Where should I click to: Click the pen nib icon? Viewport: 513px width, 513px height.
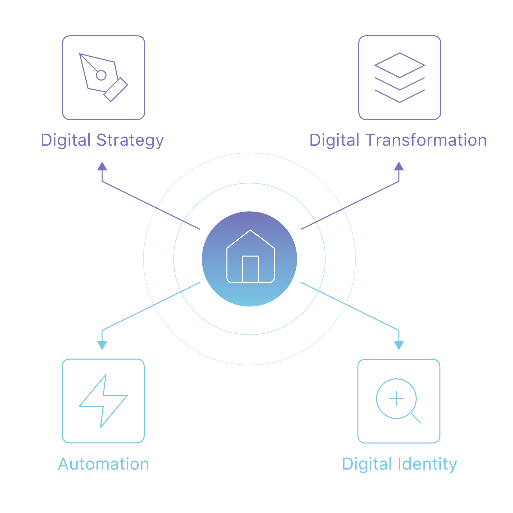coord(103,78)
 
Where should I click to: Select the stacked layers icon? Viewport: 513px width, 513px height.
coord(399,78)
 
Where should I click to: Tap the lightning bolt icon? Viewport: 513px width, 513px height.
coord(103,401)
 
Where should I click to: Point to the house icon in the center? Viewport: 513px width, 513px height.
coord(250,256)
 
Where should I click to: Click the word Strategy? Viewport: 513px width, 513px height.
coord(130,141)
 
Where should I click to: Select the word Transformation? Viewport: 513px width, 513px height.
coord(426,140)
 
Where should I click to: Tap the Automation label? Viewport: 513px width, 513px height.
coord(103,464)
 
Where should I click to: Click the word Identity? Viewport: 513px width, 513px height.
coord(427,465)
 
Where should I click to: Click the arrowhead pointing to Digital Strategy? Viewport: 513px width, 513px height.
coord(102,166)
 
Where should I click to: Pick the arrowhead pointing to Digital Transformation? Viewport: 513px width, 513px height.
coord(399,166)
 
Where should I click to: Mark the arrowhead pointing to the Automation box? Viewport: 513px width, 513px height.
coord(102,346)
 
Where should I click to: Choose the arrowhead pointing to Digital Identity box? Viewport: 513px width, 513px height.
coord(399,346)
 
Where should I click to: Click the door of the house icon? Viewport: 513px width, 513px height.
coord(250,269)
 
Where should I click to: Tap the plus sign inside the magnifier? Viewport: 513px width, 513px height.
coord(396,399)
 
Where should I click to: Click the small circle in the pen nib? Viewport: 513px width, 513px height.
coord(101,75)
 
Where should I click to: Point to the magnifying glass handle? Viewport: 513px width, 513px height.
coord(416,418)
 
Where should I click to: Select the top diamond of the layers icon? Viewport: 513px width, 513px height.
coord(399,65)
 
